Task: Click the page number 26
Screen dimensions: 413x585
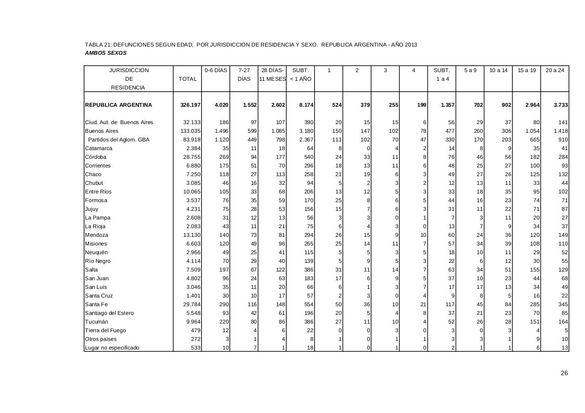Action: click(x=564, y=373)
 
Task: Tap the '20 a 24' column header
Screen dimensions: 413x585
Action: click(x=554, y=70)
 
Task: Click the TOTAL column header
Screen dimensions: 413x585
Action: click(x=187, y=79)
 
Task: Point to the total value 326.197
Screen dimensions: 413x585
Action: click(x=191, y=105)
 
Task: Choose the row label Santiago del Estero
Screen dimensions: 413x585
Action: click(x=110, y=313)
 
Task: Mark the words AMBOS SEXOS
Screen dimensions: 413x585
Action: click(x=106, y=53)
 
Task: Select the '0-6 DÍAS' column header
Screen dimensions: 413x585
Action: click(x=216, y=70)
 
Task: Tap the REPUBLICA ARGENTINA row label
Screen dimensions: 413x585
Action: click(x=118, y=105)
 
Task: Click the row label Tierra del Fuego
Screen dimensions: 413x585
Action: click(x=105, y=330)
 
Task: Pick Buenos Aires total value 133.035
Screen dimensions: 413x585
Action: click(x=191, y=131)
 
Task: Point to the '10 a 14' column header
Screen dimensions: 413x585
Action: click(x=498, y=70)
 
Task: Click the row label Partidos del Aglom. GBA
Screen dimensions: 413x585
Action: click(x=119, y=140)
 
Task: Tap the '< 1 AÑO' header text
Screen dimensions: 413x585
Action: click(x=300, y=79)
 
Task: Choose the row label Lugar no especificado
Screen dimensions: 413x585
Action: click(x=112, y=348)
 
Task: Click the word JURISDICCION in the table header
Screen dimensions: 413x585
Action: click(x=128, y=70)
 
